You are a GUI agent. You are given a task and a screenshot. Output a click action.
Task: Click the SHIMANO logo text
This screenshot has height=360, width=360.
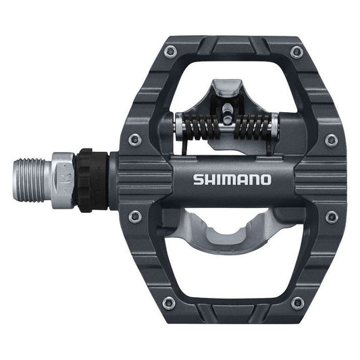coord(232,180)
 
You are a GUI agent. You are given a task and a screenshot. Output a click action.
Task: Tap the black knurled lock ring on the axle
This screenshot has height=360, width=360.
coord(86,179)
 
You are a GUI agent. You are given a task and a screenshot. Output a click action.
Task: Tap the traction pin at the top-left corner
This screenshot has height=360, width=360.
coord(170,50)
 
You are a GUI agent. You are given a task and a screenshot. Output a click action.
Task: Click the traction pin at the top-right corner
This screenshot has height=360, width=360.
coord(296,52)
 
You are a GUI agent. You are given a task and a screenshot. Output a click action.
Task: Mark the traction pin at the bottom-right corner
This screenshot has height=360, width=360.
coord(296,303)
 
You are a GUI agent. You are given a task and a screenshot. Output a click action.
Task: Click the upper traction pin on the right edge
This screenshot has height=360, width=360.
coord(331,140)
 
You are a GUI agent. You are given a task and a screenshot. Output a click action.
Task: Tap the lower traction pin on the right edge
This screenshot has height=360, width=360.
coord(331,217)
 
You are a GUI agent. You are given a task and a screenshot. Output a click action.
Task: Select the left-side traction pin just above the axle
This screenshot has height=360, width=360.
coord(135,139)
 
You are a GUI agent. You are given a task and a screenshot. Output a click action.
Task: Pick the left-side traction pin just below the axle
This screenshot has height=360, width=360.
coord(135,216)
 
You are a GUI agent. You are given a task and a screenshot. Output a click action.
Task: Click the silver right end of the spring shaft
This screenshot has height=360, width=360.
coord(273,124)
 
